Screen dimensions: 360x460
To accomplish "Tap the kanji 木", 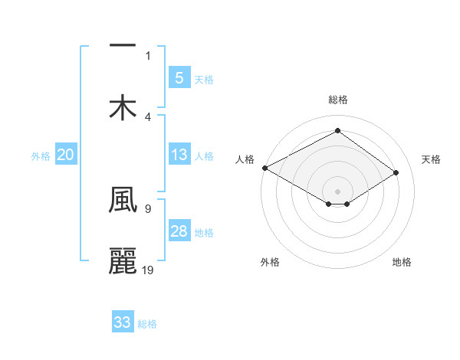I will click(123, 107).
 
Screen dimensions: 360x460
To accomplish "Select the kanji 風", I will click(123, 201).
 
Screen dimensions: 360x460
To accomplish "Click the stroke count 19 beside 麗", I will click(148, 270).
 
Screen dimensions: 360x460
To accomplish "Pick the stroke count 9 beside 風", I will click(147, 208).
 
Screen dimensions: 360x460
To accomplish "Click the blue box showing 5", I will click(179, 78).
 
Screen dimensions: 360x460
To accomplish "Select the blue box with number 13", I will click(179, 155).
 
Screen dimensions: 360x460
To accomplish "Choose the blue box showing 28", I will click(179, 232).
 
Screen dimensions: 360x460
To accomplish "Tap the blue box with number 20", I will click(65, 155).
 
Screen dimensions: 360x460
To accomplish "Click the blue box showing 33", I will click(123, 323).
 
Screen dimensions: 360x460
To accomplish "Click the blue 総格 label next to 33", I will click(147, 324).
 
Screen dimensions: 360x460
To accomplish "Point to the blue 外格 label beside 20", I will click(41, 156).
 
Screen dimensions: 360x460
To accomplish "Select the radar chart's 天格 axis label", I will click(431, 159).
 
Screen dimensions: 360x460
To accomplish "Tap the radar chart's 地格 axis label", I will click(402, 262).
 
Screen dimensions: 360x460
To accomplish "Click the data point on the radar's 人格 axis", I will click(264, 168).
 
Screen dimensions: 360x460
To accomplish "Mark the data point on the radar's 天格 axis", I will click(396, 173).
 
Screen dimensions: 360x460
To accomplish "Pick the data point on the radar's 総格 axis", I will click(337, 131).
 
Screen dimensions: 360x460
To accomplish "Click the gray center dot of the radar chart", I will click(337, 191).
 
